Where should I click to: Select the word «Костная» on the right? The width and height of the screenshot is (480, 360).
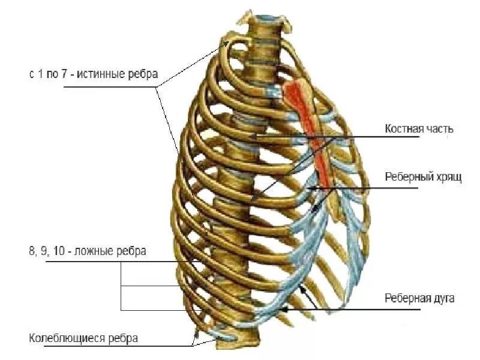(401, 129)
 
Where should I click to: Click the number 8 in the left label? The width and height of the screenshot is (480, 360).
(32, 251)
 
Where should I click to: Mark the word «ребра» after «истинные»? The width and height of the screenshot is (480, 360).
(145, 74)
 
